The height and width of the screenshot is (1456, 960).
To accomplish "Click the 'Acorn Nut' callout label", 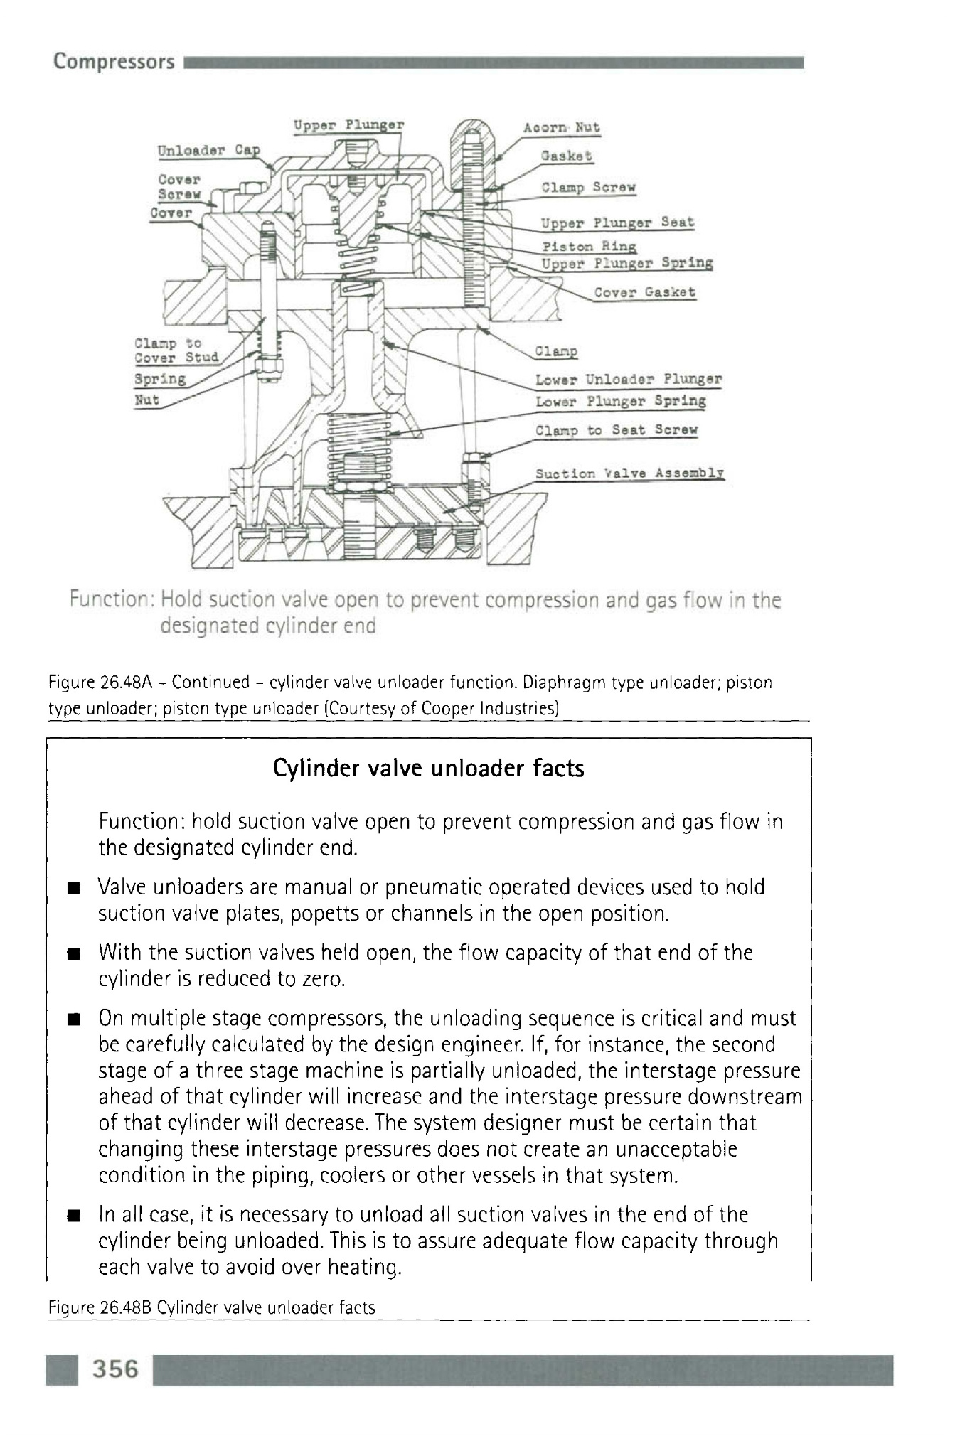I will click(x=561, y=128).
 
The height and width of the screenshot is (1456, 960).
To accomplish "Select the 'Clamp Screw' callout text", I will click(x=588, y=188).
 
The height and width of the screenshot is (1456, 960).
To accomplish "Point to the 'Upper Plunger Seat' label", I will click(x=617, y=223).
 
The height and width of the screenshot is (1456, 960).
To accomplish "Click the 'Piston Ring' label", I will click(x=590, y=247).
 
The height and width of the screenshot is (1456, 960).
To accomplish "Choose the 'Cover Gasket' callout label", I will click(x=644, y=292).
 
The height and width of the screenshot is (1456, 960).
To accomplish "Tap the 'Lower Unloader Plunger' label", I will click(x=629, y=379).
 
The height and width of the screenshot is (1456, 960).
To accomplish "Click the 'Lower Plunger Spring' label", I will click(x=621, y=402).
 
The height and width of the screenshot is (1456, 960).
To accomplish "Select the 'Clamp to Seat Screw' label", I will click(x=617, y=430).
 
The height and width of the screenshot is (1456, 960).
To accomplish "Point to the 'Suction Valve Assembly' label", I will click(x=629, y=473).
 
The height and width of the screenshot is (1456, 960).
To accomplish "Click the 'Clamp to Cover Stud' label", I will click(x=176, y=350).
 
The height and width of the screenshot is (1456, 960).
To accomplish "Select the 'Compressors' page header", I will click(x=114, y=62).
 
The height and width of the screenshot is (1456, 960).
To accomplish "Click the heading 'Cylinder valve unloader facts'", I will click(x=429, y=769).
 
